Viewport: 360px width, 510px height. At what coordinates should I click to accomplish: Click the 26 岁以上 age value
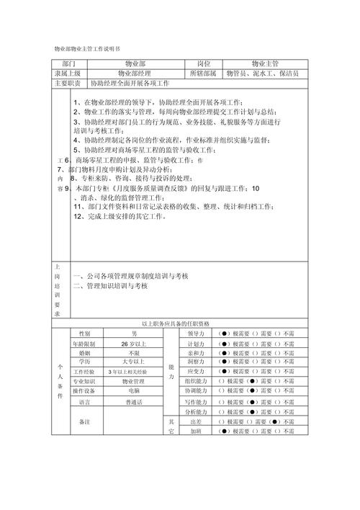(134, 344)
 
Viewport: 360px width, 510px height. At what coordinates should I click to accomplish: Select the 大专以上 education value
(134, 362)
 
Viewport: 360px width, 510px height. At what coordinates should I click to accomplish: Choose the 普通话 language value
(134, 402)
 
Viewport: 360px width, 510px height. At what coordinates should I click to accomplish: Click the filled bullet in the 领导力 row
(225, 334)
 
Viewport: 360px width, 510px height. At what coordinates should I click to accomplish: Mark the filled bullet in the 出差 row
(225, 421)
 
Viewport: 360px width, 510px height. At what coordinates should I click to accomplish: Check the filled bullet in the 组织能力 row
(252, 380)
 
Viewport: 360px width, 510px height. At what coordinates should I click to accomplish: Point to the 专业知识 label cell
(84, 380)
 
